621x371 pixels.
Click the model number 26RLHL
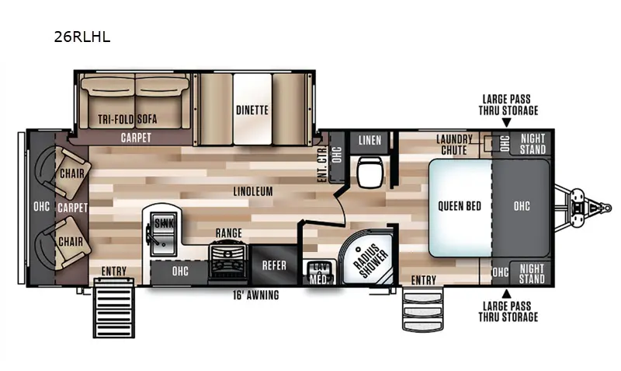click(82, 37)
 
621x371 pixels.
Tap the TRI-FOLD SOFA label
click(127, 119)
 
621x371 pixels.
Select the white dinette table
click(252, 109)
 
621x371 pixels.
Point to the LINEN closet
click(369, 141)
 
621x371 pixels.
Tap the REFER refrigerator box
click(274, 265)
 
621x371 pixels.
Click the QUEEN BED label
click(460, 206)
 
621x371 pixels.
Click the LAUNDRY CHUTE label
click(454, 145)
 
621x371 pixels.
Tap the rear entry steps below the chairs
click(113, 308)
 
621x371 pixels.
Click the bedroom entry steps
click(422, 310)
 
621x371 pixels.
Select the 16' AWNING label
click(256, 296)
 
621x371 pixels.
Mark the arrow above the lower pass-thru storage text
click(507, 294)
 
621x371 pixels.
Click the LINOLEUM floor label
click(253, 191)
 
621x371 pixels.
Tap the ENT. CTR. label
click(322, 164)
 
